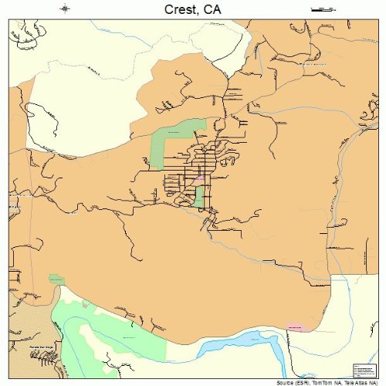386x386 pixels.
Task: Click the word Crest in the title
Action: [178, 9]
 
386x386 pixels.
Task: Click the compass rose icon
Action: [66, 8]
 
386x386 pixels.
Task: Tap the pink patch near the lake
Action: [296, 327]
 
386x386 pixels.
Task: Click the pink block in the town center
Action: [199, 179]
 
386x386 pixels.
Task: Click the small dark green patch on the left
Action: [56, 279]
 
